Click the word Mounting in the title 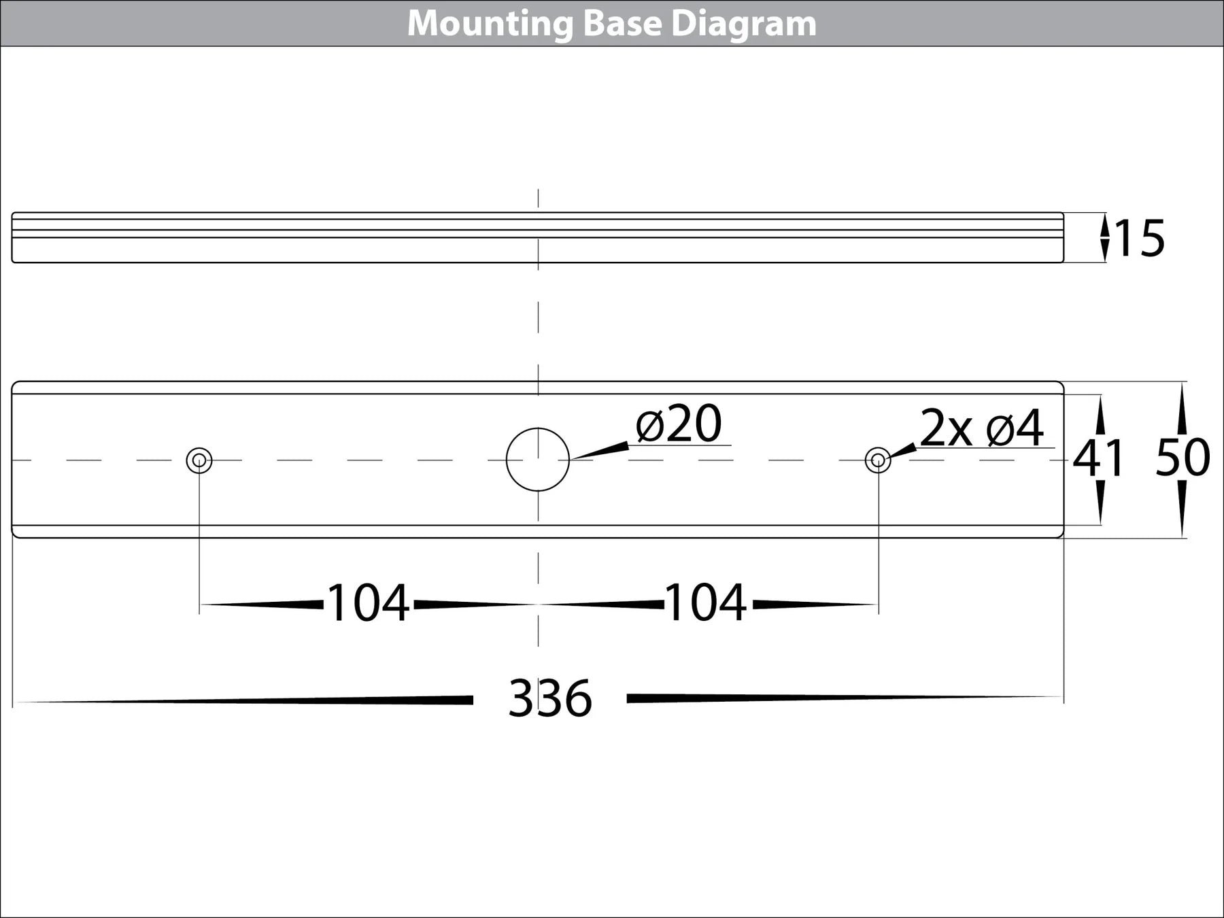tap(490, 24)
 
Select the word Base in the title tap(622, 24)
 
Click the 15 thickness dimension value tap(1140, 239)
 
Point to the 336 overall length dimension tap(550, 698)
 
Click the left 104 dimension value tap(368, 603)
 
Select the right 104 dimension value tap(705, 603)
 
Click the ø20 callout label tap(679, 424)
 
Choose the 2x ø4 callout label tap(981, 428)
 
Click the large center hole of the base tap(538, 460)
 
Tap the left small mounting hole tap(199, 460)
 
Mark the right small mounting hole tap(878, 460)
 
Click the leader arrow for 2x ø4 tap(903, 449)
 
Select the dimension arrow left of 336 tap(245, 700)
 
